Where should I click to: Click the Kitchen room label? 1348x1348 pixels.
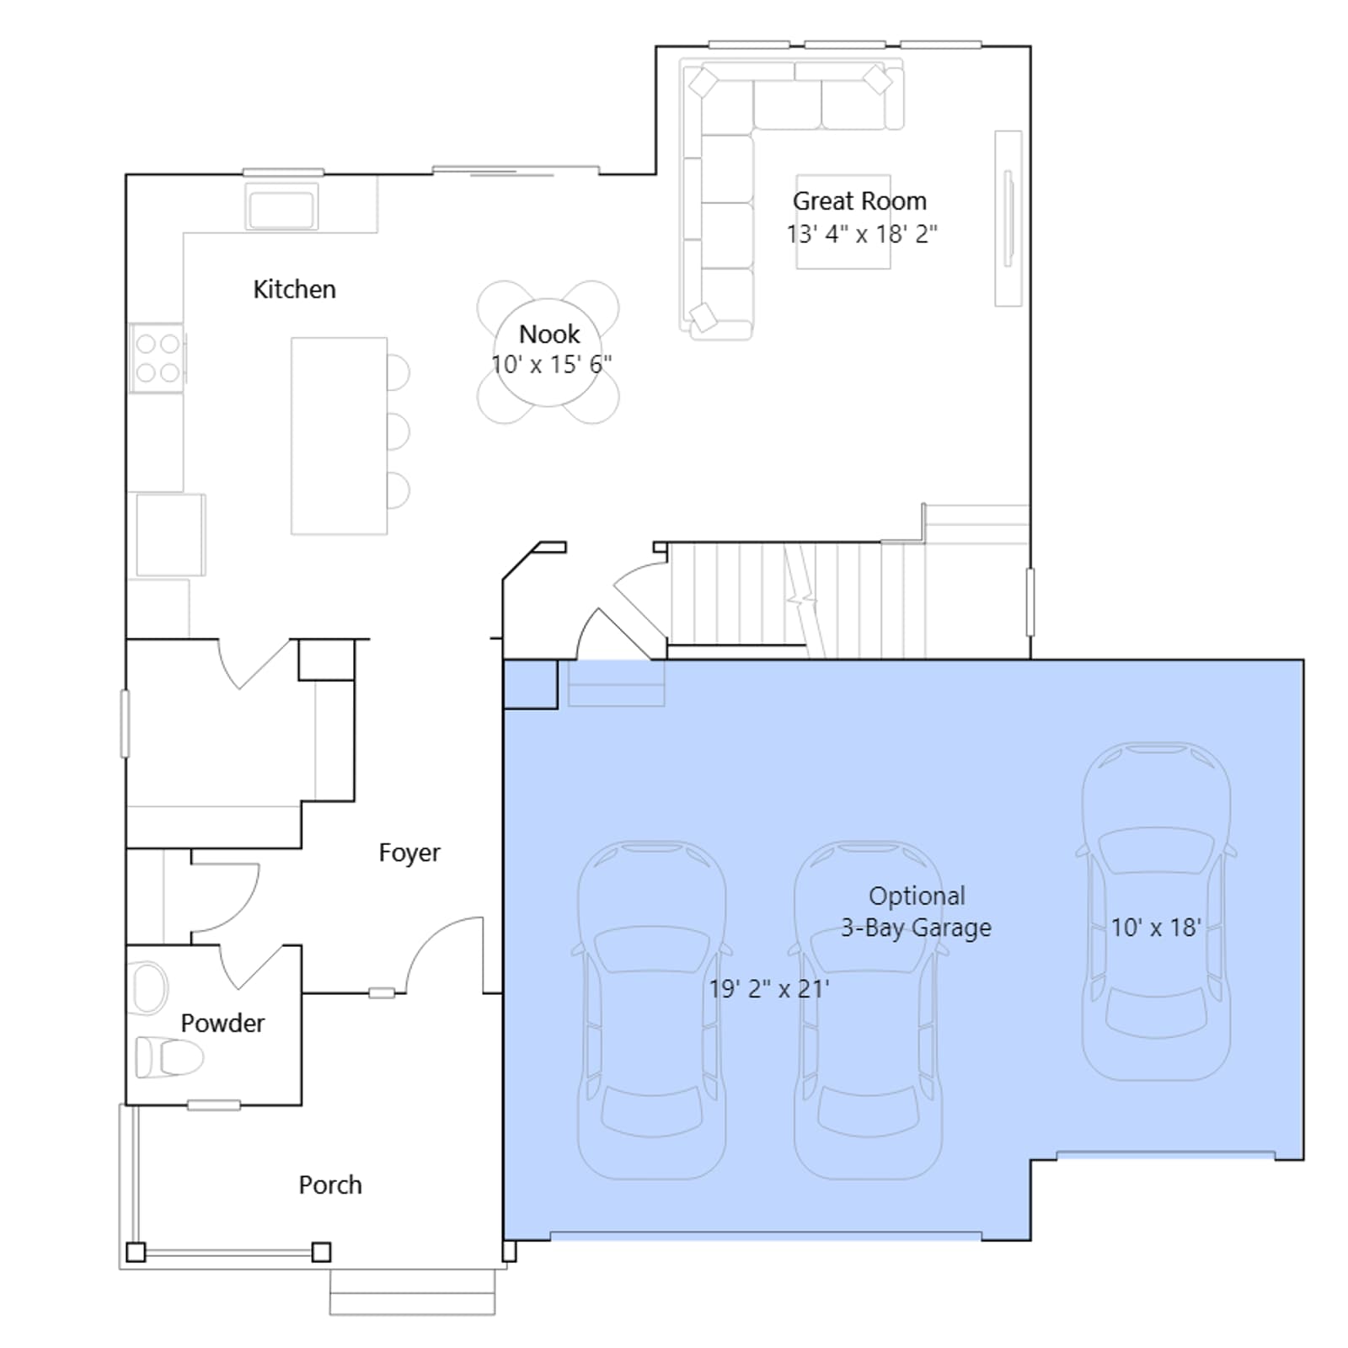[x=294, y=289]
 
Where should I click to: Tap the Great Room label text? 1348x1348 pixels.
[x=859, y=201]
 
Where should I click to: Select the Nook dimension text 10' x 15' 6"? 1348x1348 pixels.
[x=552, y=365]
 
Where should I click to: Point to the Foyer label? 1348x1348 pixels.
[x=409, y=853]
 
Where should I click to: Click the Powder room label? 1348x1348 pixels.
[x=222, y=1023]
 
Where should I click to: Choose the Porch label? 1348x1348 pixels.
[x=330, y=1185]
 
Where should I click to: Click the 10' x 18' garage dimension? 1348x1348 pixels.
[x=1156, y=928]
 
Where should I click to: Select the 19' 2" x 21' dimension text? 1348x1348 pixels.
[x=769, y=988]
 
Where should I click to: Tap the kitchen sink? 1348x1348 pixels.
[x=282, y=206]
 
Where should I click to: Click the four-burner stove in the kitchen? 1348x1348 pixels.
[x=158, y=357]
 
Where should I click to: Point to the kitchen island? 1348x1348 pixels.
[x=340, y=436]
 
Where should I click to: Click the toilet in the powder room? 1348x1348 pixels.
[x=169, y=1057]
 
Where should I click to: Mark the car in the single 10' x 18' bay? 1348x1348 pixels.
[x=1156, y=911]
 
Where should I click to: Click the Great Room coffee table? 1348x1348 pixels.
[x=843, y=222]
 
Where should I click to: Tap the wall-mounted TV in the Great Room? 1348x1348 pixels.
[x=1008, y=217]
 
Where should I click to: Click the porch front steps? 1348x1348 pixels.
[x=412, y=1291]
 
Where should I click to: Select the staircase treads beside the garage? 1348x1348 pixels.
[x=796, y=600]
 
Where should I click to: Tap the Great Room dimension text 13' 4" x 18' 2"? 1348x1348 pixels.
[x=862, y=233]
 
